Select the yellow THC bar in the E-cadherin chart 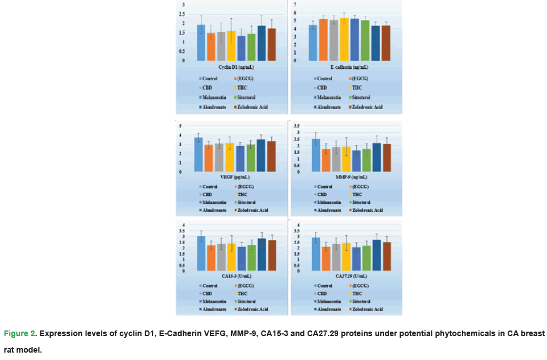click(x=344, y=40)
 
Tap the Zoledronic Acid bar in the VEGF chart click(x=271, y=157)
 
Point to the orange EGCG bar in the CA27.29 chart click(x=326, y=259)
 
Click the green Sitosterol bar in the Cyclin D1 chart click(x=251, y=48)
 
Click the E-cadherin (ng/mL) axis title click(x=346, y=67)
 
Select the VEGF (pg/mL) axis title click(x=233, y=178)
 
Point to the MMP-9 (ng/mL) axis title click(x=347, y=178)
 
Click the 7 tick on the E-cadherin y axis click(x=295, y=5)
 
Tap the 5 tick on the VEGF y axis click(x=180, y=126)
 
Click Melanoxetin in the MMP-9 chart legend click(x=329, y=202)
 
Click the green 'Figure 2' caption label click(x=20, y=333)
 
